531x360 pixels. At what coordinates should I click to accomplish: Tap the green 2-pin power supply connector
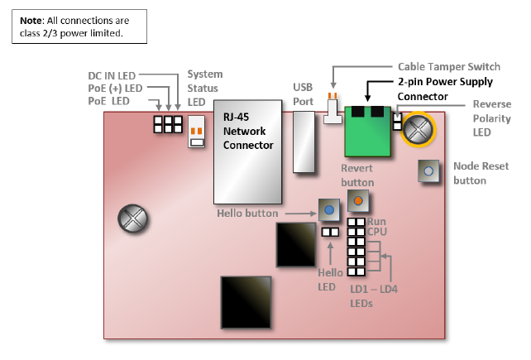368,132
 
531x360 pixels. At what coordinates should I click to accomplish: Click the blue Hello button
330,211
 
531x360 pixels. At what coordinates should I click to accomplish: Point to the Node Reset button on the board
428,171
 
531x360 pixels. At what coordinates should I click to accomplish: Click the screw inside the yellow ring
419,128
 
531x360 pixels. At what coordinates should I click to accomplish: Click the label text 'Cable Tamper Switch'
447,66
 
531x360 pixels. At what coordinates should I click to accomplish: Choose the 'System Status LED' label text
205,89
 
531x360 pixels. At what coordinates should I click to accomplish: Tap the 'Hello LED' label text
330,280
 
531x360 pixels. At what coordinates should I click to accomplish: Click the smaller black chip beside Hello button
295,243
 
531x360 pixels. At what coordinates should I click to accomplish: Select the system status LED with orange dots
197,132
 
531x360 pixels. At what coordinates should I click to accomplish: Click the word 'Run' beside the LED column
376,222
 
